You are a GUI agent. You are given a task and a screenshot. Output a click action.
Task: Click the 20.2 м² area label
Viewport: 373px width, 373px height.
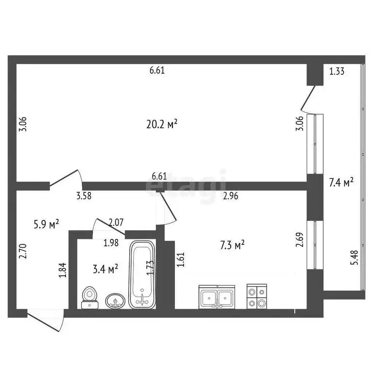(162, 124)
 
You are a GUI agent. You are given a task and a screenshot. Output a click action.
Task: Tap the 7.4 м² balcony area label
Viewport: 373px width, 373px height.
(341, 182)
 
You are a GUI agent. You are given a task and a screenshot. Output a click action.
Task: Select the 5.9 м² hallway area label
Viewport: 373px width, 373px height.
(46, 224)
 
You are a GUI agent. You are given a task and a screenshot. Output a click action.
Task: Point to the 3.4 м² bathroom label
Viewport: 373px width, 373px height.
(105, 269)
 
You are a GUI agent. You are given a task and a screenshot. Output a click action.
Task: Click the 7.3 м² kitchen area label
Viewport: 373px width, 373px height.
(232, 245)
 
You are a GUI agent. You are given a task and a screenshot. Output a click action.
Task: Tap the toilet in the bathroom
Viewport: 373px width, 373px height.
(90, 298)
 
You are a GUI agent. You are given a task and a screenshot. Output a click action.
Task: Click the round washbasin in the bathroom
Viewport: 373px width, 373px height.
(115, 301)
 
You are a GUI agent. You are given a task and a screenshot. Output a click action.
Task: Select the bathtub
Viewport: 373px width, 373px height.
(142, 274)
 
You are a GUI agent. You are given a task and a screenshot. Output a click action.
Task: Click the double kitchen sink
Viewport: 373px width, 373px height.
(217, 297)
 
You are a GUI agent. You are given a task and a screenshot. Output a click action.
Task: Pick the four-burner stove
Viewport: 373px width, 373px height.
(256, 296)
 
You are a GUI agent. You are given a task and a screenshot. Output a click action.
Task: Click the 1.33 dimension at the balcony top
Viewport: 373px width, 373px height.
(337, 71)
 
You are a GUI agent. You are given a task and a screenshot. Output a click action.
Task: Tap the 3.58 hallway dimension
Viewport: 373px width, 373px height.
(84, 196)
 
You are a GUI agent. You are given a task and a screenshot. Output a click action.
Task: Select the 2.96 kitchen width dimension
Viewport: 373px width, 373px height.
(231, 196)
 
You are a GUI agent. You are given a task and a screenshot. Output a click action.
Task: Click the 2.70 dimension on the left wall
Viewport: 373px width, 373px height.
(23, 251)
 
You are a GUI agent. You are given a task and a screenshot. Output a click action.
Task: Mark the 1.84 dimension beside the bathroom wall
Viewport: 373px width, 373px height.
(62, 270)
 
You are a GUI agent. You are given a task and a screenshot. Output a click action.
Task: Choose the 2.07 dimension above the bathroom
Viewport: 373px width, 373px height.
(116, 222)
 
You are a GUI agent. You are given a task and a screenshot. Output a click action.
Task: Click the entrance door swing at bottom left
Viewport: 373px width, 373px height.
(45, 320)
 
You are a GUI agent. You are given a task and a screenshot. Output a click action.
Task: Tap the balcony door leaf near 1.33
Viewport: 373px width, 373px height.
(308, 98)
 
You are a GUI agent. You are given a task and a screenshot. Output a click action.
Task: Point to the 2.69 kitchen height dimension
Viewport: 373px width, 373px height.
(300, 240)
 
